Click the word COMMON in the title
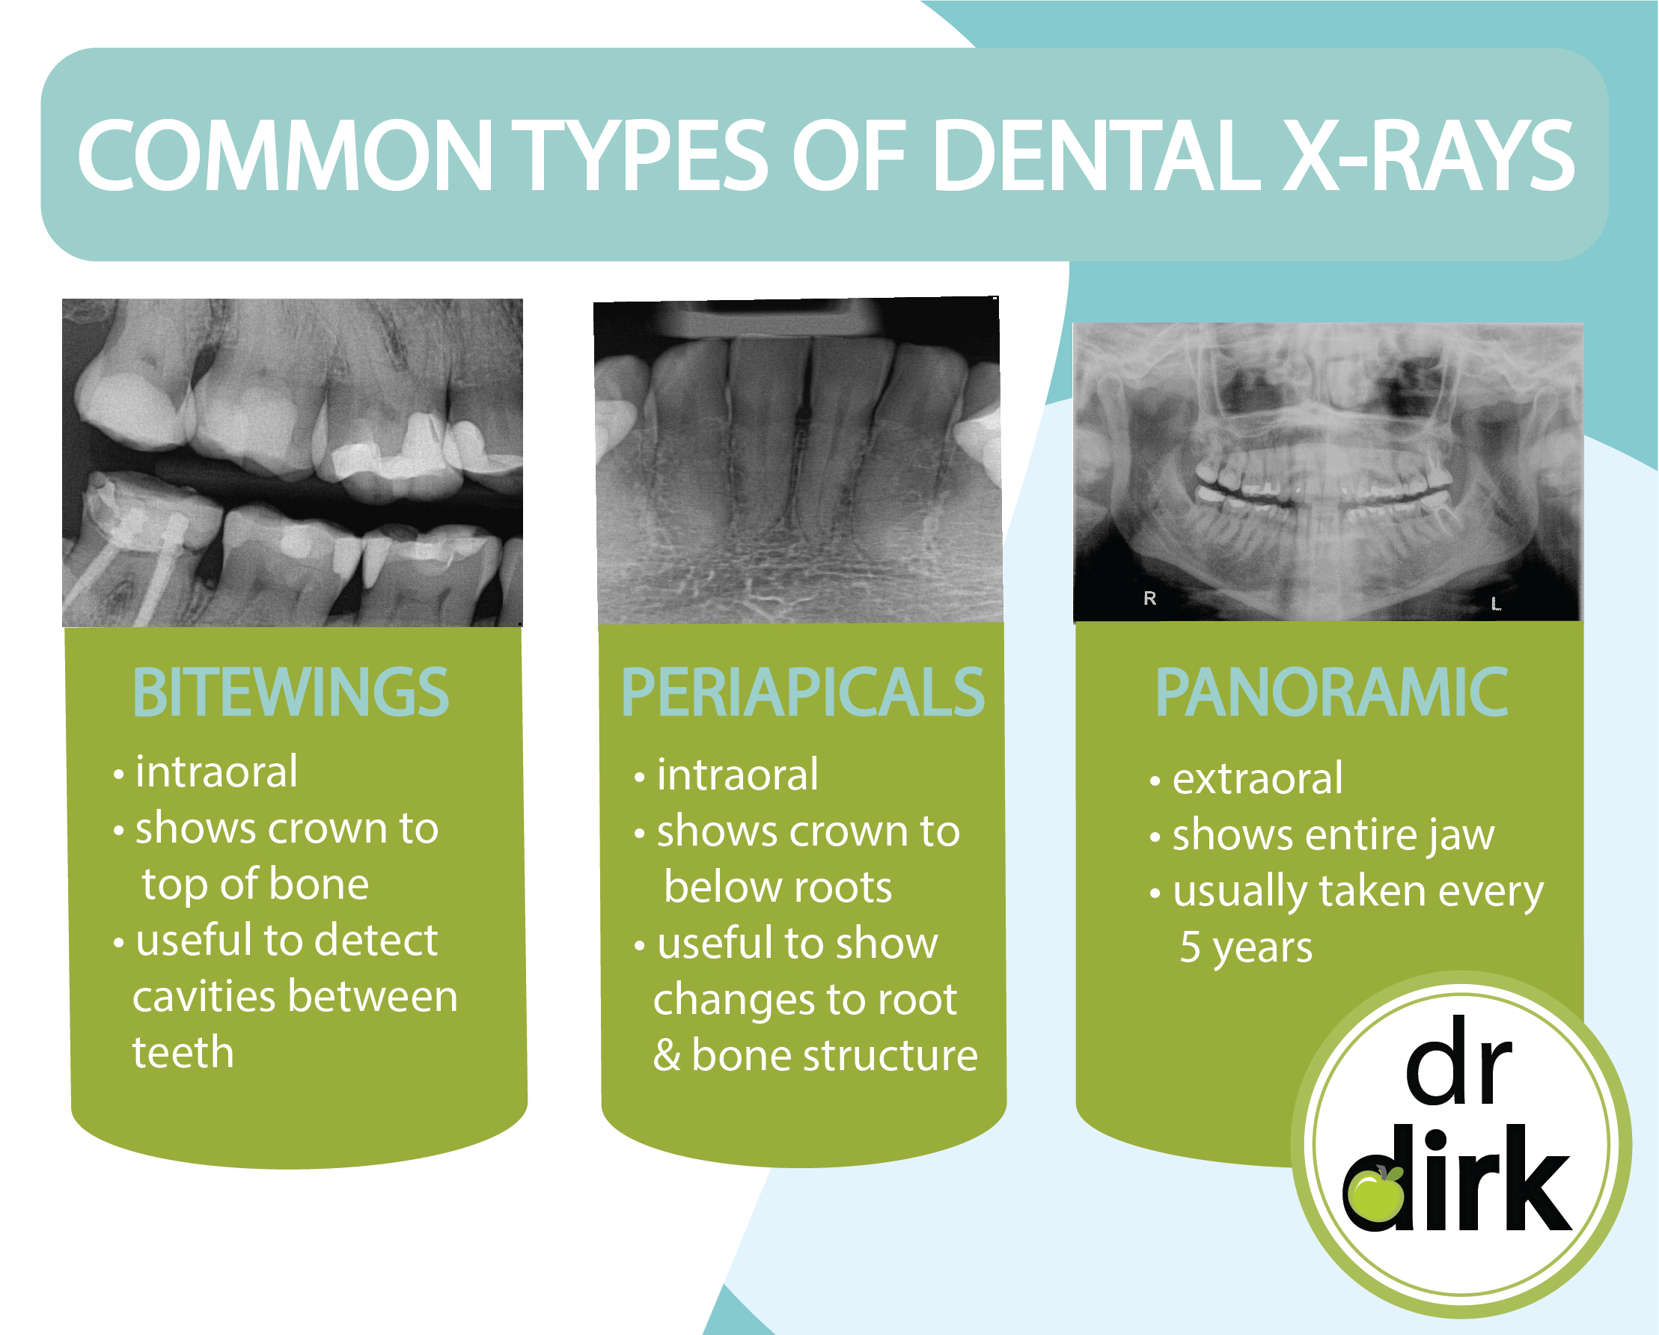tap(284, 156)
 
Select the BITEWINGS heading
tap(291, 692)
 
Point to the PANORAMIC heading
tap(1331, 692)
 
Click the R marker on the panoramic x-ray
tap(1149, 598)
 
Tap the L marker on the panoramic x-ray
tap(1495, 604)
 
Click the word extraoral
tap(1257, 779)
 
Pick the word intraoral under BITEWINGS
tap(216, 772)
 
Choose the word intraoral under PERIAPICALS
tap(737, 775)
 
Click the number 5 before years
tap(1191, 947)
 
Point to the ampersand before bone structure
tap(667, 1056)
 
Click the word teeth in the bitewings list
tap(183, 1053)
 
